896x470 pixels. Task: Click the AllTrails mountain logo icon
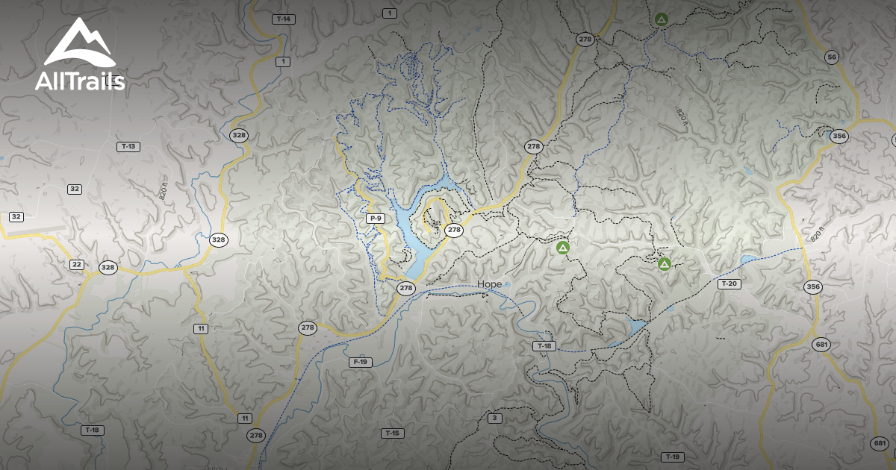click(x=78, y=43)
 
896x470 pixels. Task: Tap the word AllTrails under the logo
click(x=79, y=81)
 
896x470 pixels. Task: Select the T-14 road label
click(x=282, y=19)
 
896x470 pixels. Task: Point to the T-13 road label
click(x=128, y=146)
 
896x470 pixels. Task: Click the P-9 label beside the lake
click(x=376, y=219)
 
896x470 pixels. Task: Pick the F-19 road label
click(x=360, y=362)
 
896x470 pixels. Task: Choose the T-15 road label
click(x=392, y=433)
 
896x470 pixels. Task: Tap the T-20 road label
click(x=729, y=283)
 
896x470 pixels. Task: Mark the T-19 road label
click(x=672, y=457)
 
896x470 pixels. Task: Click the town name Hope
click(x=490, y=284)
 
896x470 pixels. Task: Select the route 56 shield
click(x=832, y=57)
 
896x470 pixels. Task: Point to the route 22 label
click(x=77, y=265)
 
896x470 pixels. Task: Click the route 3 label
click(x=494, y=418)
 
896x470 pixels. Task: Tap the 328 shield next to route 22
click(x=108, y=268)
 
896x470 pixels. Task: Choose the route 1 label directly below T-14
click(x=282, y=61)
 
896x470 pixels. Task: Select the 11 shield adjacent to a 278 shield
click(x=245, y=418)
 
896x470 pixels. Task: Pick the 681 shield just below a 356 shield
click(x=822, y=345)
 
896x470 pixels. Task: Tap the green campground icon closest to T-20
click(x=665, y=263)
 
